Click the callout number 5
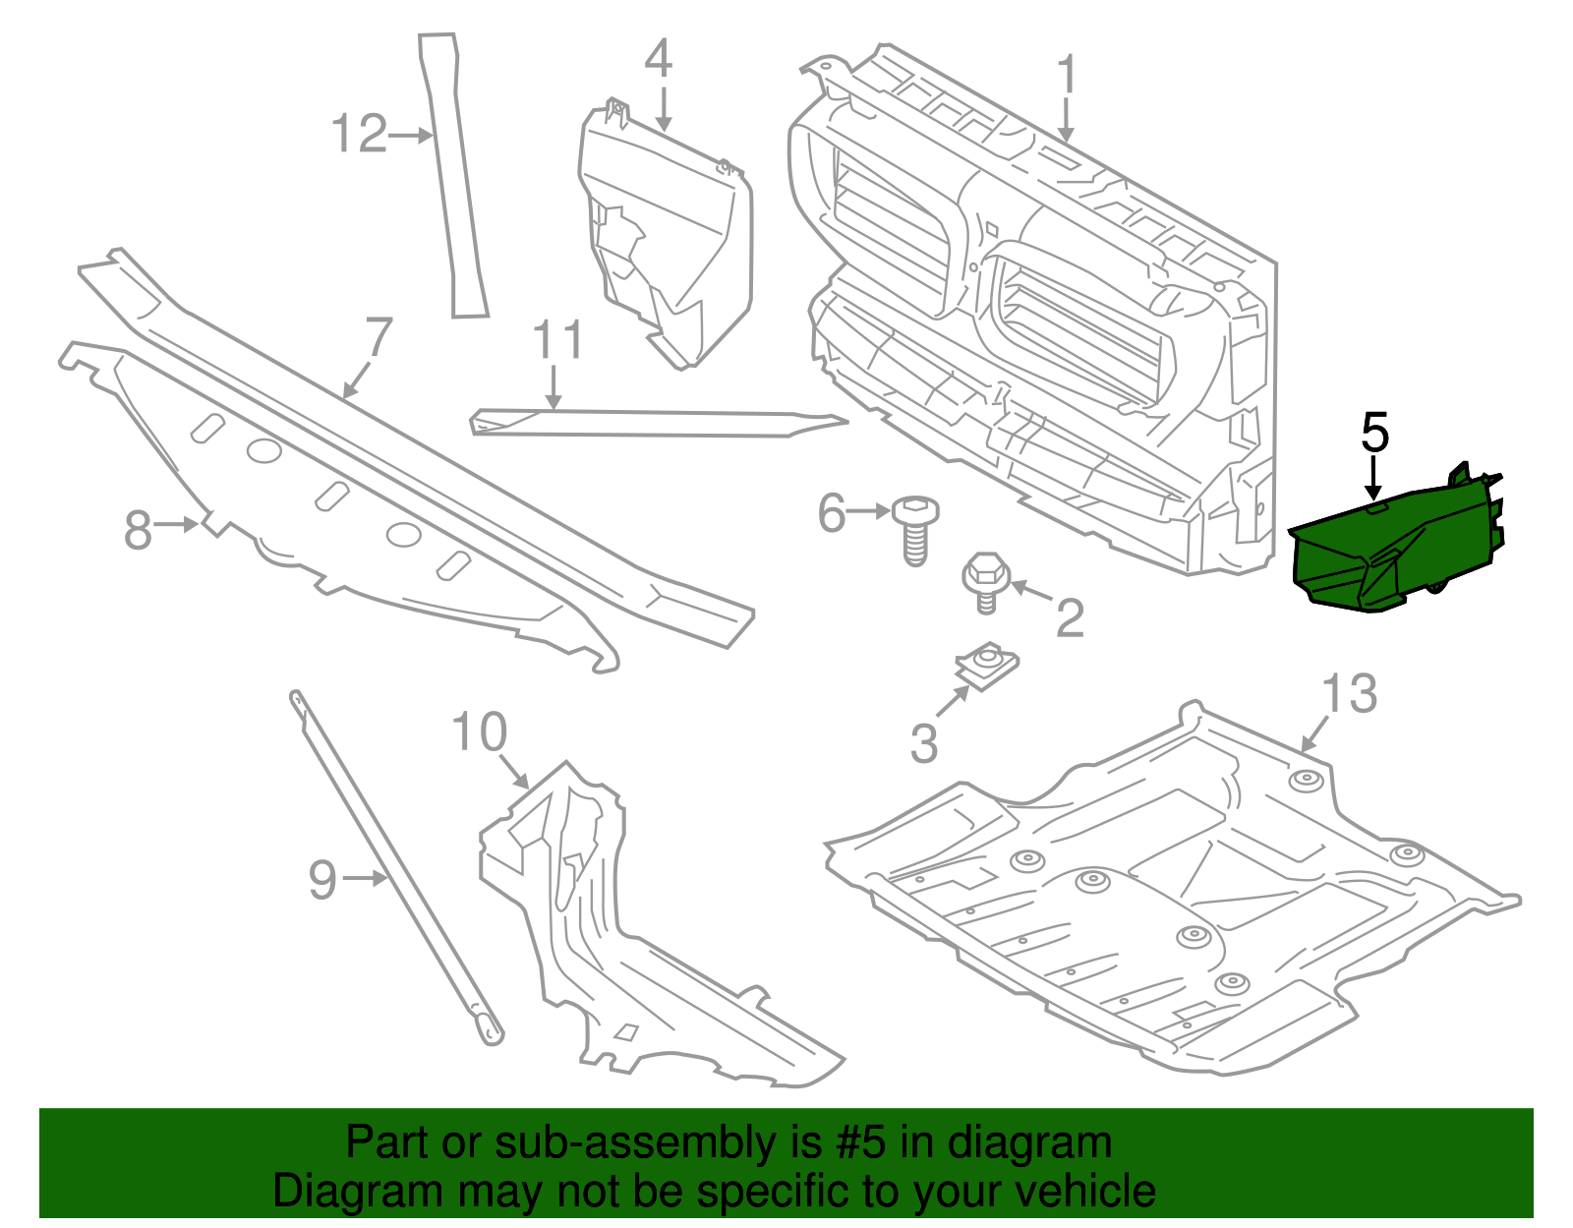tap(1374, 434)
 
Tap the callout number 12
tap(360, 134)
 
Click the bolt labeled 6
tap(914, 531)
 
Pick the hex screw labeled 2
tap(983, 582)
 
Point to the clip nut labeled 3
tap(987, 666)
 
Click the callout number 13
tap(1349, 694)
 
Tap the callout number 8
tap(138, 531)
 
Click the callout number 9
tap(322, 880)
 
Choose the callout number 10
tap(479, 733)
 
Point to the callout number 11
tap(557, 340)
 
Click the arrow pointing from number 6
tap(867, 511)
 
